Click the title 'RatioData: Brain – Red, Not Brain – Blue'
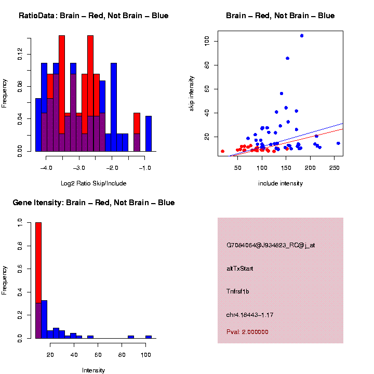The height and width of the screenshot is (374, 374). point(94,16)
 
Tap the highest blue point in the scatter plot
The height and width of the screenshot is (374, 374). point(302,36)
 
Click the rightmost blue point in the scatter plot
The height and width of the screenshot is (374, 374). point(338,143)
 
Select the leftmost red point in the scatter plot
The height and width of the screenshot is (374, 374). point(222,151)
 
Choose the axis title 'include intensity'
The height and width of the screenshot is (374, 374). point(280,183)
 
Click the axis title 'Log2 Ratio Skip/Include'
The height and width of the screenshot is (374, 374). point(94,183)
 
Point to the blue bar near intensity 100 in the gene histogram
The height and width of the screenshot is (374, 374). point(149,337)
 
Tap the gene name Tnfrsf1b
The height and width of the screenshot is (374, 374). point(238,291)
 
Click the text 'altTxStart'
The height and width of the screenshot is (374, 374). point(240,269)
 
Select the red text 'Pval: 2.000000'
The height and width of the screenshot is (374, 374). point(248,332)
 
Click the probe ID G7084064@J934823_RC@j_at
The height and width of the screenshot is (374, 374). point(271,245)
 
